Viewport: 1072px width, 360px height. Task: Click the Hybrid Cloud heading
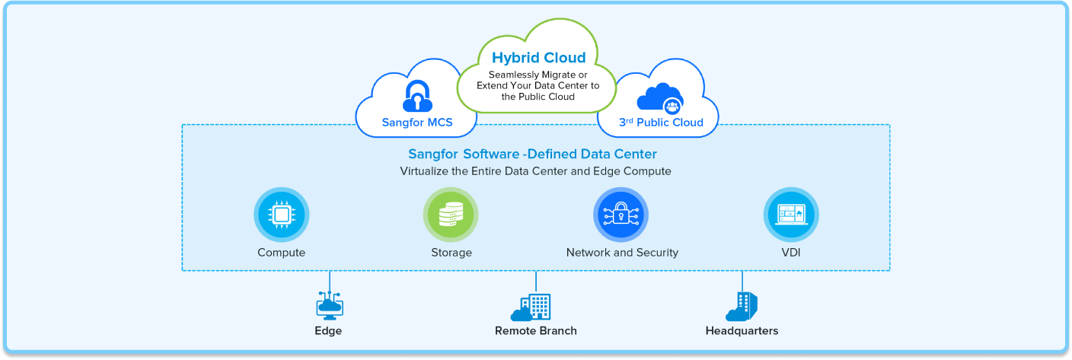(x=538, y=58)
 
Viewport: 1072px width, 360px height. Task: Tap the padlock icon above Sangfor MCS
(x=416, y=96)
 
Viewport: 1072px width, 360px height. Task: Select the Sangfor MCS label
(x=416, y=122)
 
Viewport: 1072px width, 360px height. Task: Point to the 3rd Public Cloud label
(x=659, y=122)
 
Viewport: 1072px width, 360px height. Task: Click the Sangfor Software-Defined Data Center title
(x=532, y=155)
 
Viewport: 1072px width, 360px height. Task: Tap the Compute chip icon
(x=281, y=215)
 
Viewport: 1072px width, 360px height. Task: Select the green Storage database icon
(x=451, y=215)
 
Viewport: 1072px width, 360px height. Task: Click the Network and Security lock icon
(x=621, y=215)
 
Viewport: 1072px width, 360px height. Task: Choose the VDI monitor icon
(x=790, y=215)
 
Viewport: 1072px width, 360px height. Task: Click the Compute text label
(x=281, y=253)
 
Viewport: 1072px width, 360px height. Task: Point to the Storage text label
(x=451, y=253)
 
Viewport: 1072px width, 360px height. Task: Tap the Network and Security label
(x=622, y=253)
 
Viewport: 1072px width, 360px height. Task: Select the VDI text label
(x=790, y=253)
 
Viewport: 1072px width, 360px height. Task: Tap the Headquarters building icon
(x=742, y=307)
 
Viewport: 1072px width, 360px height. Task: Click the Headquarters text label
(x=742, y=331)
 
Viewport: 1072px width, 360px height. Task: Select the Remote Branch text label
(x=535, y=331)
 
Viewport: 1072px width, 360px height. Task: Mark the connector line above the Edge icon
(x=329, y=280)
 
